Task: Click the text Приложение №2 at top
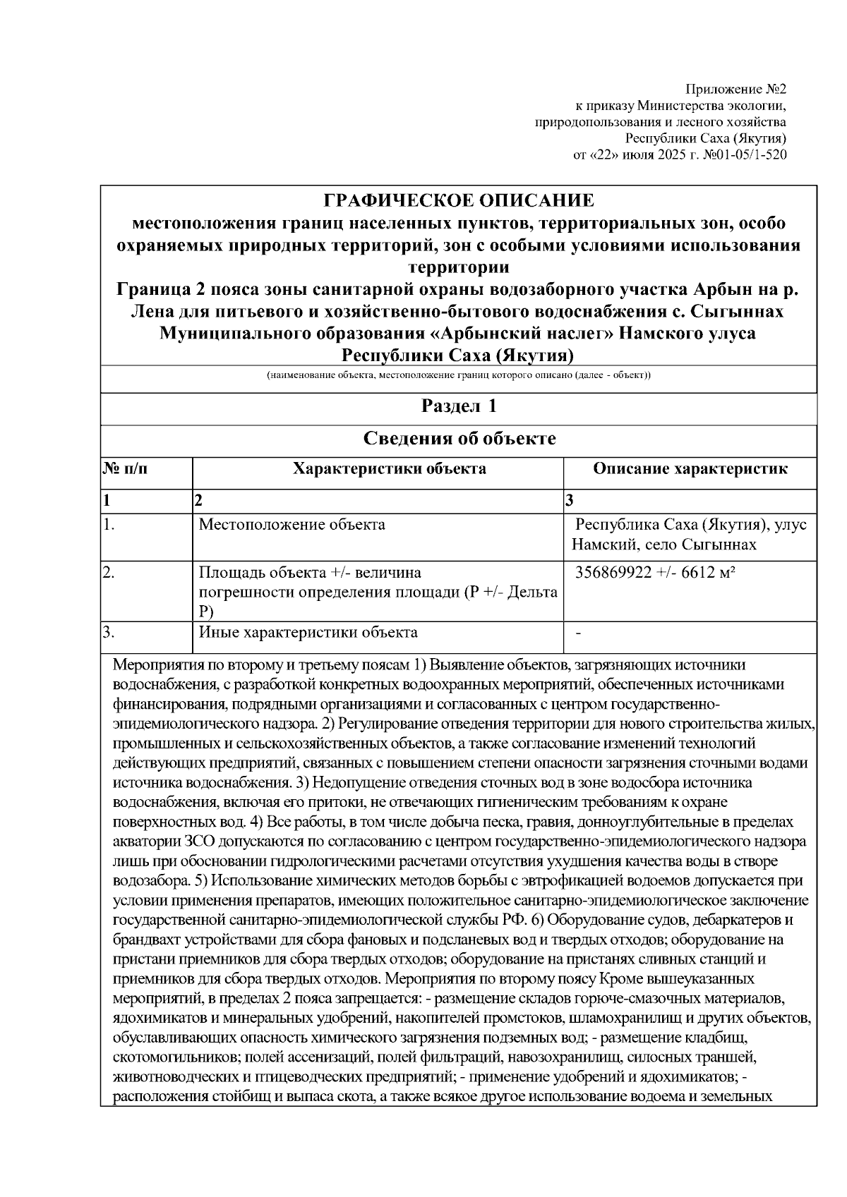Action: (x=735, y=90)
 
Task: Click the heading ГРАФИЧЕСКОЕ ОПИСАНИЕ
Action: (x=459, y=200)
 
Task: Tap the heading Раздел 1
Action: (x=459, y=406)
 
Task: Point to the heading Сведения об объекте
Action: (x=459, y=439)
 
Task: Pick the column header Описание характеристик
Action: (x=690, y=469)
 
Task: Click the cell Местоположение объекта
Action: (x=292, y=525)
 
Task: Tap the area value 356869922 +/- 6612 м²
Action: (x=656, y=573)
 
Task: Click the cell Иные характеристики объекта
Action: (x=308, y=633)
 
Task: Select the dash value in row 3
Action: (x=579, y=633)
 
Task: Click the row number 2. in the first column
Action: (x=109, y=573)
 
